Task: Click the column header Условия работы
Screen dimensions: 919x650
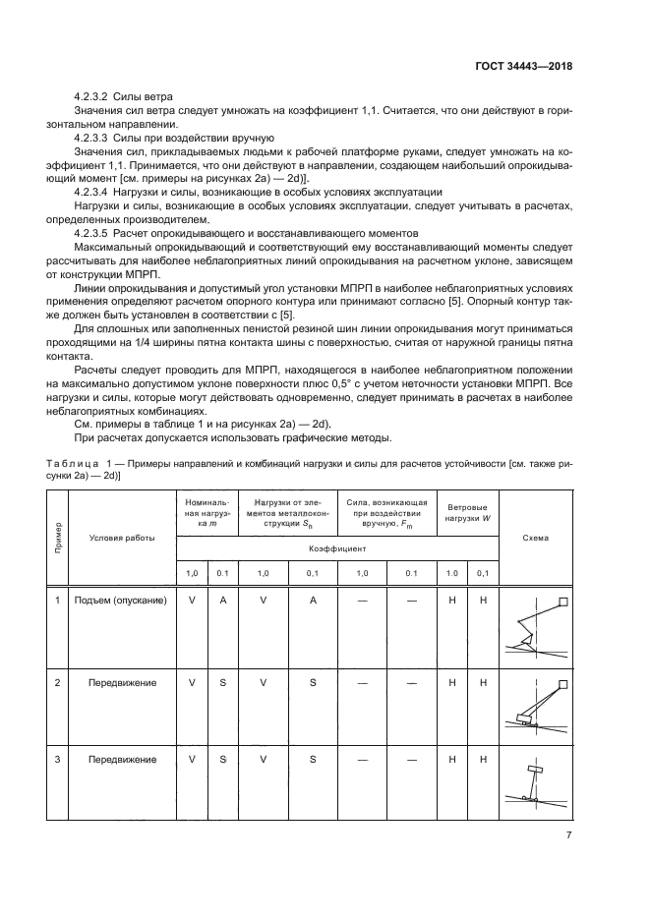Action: click(122, 538)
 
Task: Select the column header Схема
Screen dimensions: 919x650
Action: click(536, 538)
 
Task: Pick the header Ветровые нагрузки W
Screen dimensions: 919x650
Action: click(467, 511)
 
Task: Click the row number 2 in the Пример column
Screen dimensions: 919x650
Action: click(58, 681)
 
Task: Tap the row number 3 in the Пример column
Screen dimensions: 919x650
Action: click(58, 759)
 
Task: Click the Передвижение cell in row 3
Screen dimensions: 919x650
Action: click(122, 759)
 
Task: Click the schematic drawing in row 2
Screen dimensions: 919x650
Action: click(536, 709)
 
